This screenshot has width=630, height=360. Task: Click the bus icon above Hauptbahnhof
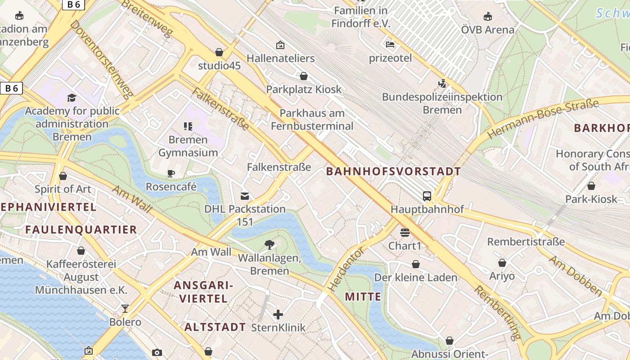pos(427,196)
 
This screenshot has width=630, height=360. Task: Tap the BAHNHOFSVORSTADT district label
pos(393,171)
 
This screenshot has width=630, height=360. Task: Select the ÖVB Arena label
pos(487,30)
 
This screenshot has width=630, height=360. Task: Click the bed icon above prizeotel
pos(390,45)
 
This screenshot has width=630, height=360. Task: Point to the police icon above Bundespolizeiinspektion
pos(442,83)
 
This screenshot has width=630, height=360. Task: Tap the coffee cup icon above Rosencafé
pos(171,173)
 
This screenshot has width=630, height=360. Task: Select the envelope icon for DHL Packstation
pos(245,196)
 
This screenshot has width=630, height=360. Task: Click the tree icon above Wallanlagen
pos(269,244)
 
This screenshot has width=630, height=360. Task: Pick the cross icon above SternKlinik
pos(278,314)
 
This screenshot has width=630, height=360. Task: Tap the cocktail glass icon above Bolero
pos(125,309)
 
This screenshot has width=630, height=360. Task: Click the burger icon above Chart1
pos(405,233)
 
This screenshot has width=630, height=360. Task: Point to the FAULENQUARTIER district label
pos(81,229)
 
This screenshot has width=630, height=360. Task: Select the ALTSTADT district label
pos(215,327)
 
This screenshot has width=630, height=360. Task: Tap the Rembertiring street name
pos(498,312)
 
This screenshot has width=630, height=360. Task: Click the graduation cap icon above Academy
pos(72,98)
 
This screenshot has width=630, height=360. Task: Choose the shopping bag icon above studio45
pos(219,52)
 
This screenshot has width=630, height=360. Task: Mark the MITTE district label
pos(363,297)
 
